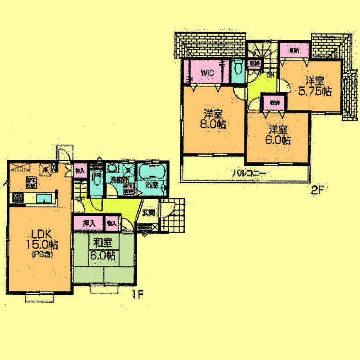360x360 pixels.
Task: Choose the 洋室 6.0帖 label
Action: pos(279,135)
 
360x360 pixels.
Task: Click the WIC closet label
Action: pos(208,73)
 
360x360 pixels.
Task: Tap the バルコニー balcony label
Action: pos(250,174)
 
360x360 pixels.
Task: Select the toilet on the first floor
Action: pos(96,178)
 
